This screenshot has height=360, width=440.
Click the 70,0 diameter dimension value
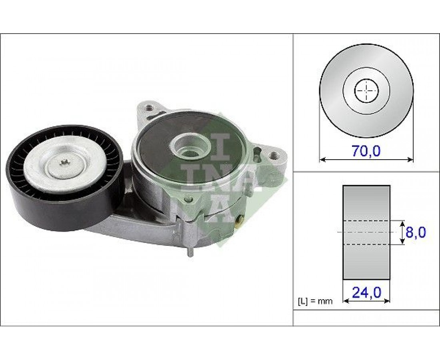point(366,151)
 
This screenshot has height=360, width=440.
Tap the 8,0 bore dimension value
point(416,232)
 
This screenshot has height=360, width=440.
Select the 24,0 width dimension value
point(366,292)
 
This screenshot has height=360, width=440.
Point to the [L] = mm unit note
point(315,301)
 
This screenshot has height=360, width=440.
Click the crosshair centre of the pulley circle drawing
point(366,91)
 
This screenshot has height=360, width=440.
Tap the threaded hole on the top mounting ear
point(150,107)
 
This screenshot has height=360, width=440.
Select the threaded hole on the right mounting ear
point(273,155)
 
